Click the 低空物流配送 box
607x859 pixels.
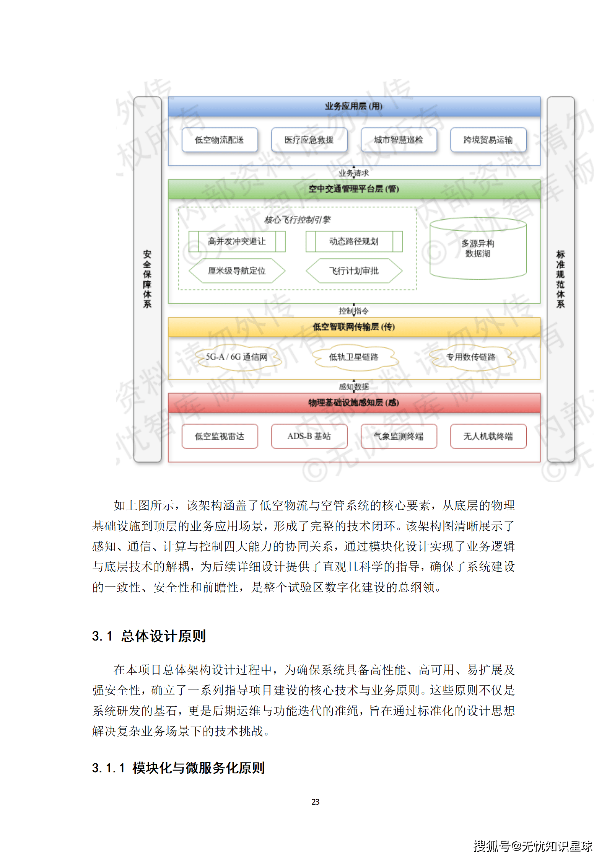pyautogui.click(x=220, y=140)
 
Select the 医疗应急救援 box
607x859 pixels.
pyautogui.click(x=309, y=140)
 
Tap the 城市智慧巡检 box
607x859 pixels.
pyautogui.click(x=399, y=140)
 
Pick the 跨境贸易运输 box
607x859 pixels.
pyautogui.click(x=488, y=140)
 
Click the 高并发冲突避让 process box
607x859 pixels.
pyautogui.click(x=237, y=241)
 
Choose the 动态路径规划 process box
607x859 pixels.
pyautogui.click(x=354, y=241)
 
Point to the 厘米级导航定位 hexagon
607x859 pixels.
pyautogui.click(x=237, y=271)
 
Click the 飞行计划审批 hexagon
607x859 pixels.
pyautogui.click(x=354, y=271)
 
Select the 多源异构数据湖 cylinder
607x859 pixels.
pyautogui.click(x=478, y=249)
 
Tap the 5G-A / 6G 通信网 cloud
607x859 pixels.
pyautogui.click(x=237, y=357)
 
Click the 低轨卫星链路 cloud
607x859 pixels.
pyautogui.click(x=354, y=357)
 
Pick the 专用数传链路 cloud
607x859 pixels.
pyautogui.click(x=471, y=357)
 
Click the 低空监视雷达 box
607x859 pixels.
pyautogui.click(x=220, y=436)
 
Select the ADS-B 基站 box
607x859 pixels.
pyautogui.click(x=309, y=436)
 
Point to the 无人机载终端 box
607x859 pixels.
pyautogui.click(x=488, y=436)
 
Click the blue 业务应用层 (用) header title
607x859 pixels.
pyautogui.click(x=354, y=106)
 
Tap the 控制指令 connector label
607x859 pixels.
pyautogui.click(x=354, y=311)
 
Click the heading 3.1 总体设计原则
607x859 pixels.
pyautogui.click(x=149, y=636)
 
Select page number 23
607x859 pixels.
pyautogui.click(x=316, y=802)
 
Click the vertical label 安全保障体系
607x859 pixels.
pyautogui.click(x=147, y=279)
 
